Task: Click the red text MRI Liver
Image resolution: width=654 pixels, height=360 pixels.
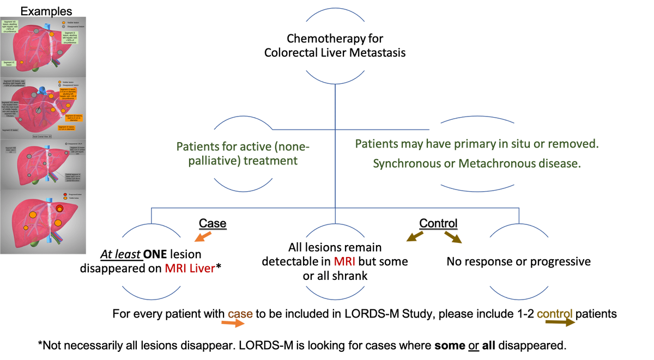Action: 190,269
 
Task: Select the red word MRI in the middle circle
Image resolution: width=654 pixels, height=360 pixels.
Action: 344,262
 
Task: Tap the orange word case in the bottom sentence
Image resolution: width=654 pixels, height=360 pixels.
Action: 240,314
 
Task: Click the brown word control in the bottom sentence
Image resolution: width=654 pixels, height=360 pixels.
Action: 554,314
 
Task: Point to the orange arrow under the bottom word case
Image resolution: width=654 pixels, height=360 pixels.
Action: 233,323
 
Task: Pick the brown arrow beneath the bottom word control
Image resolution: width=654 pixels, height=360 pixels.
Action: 564,323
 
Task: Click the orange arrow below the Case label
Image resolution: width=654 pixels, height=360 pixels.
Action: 203,236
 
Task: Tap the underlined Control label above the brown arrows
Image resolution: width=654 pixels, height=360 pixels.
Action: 439,223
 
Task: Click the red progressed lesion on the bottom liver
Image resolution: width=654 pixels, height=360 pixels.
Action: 59,209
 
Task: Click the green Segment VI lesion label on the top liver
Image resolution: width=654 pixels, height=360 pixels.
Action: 9,63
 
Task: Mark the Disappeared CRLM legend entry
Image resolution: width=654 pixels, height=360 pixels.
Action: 74,143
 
